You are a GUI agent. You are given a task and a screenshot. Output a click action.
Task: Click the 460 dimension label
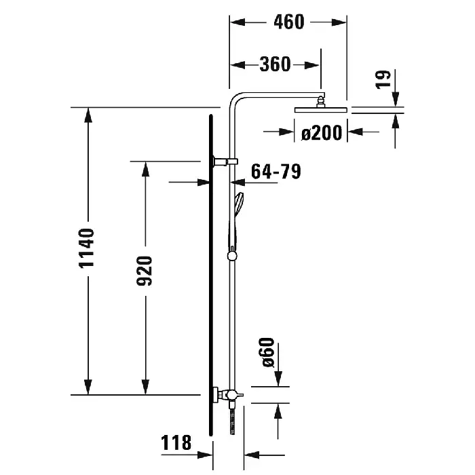(x=288, y=22)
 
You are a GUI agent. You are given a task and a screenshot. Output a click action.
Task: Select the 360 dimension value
(x=275, y=64)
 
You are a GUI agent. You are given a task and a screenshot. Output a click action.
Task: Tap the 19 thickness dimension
(x=383, y=79)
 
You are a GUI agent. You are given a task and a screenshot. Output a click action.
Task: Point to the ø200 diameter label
(x=322, y=133)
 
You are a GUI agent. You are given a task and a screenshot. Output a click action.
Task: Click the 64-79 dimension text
(x=276, y=172)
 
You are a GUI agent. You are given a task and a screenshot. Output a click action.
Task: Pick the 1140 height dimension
(x=86, y=248)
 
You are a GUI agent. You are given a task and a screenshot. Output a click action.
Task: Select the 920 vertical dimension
(x=144, y=271)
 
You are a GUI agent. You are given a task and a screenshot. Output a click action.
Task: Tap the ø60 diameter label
(x=267, y=352)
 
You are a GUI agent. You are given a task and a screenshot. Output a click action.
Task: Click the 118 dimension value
(x=176, y=442)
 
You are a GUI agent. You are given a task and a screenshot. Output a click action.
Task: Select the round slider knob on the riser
(x=232, y=256)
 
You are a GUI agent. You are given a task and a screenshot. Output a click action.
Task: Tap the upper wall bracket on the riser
(x=225, y=161)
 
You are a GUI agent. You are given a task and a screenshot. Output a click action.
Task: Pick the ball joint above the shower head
(x=320, y=102)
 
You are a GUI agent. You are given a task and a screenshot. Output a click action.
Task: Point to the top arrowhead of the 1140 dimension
(x=88, y=115)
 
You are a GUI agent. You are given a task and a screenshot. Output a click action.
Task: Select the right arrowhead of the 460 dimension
(x=339, y=22)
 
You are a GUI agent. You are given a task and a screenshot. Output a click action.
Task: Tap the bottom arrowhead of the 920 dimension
(x=146, y=387)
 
